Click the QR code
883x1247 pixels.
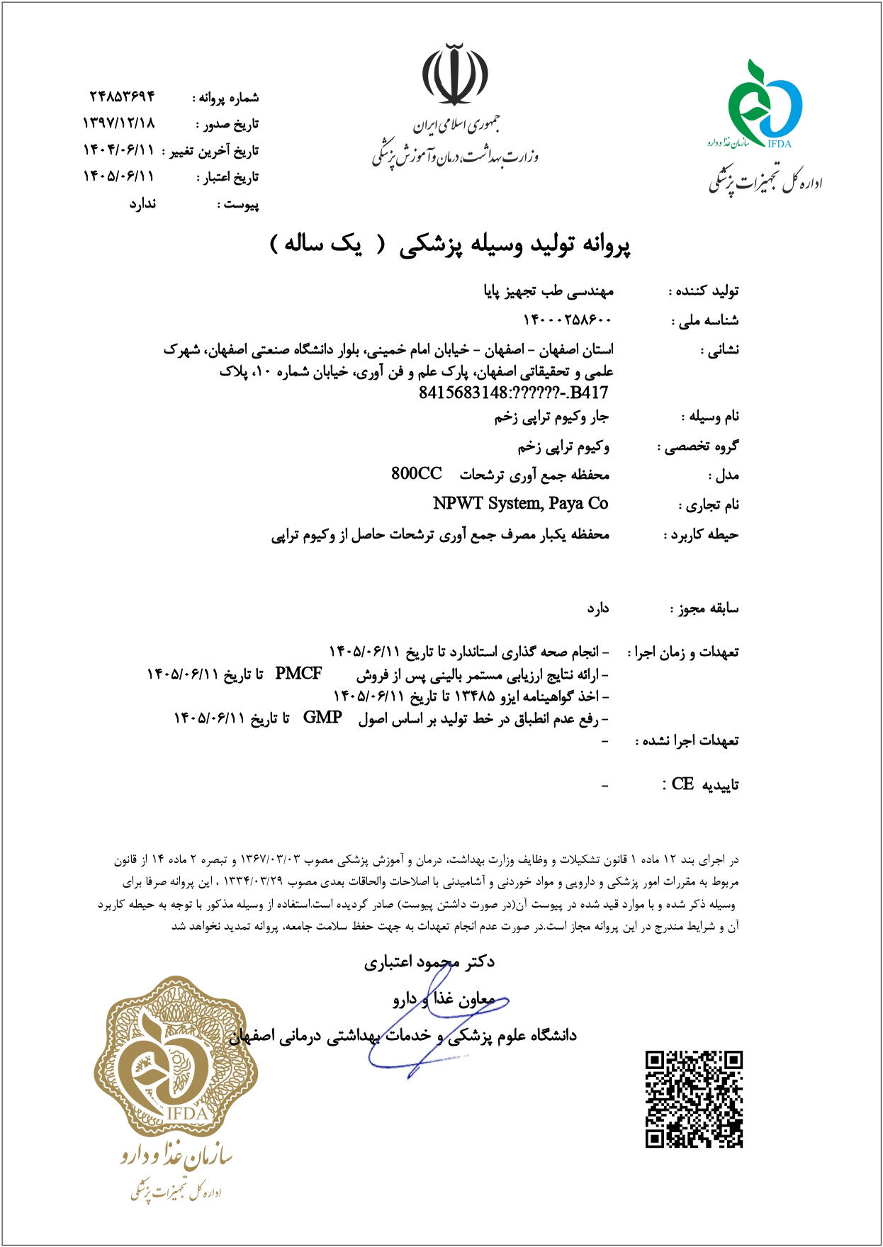(x=694, y=1099)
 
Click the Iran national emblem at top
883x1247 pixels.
(x=455, y=75)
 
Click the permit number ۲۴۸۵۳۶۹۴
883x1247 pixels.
(x=122, y=96)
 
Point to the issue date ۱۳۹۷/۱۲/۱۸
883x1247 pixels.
(x=118, y=123)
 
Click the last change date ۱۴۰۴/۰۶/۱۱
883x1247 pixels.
(x=118, y=150)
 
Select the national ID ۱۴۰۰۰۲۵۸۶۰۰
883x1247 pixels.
(x=567, y=320)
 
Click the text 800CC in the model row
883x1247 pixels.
(x=416, y=474)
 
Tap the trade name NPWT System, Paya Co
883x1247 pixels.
(x=521, y=504)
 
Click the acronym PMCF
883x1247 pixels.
(x=298, y=674)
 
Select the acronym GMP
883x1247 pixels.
(x=322, y=718)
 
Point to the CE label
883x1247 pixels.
(x=682, y=784)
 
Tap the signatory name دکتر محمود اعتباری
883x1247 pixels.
(x=429, y=962)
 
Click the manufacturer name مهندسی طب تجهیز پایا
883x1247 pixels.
(x=549, y=291)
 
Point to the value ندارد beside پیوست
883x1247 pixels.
(x=142, y=204)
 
